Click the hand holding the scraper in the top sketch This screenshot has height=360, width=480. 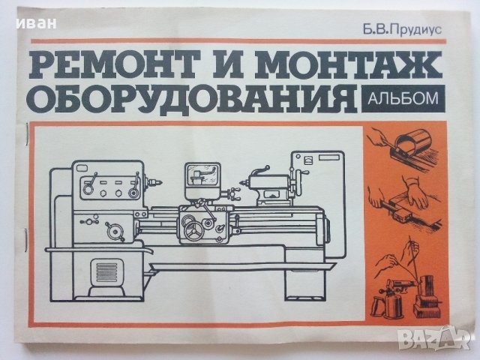[382, 138]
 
